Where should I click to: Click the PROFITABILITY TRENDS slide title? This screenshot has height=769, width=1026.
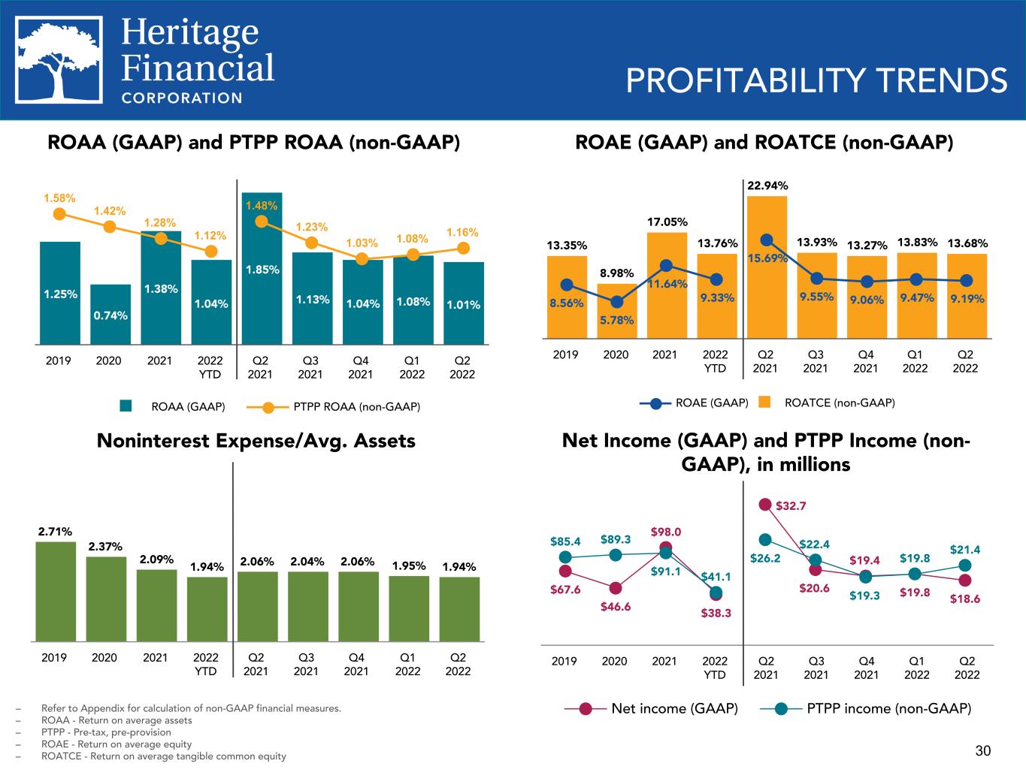coord(816,80)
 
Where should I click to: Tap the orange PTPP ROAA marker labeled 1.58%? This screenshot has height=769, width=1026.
coord(59,214)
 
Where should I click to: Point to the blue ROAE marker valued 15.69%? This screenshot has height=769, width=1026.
coord(767,240)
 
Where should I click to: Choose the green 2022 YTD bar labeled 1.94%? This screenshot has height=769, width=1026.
coord(207,609)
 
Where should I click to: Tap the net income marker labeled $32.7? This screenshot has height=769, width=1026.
coord(765,505)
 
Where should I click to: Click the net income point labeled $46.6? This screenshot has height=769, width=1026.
coord(616,588)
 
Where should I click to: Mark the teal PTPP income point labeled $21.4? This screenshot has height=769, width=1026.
coord(966,565)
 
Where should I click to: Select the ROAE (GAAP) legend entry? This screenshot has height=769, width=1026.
coord(695,403)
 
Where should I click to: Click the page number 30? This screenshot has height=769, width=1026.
coord(983,751)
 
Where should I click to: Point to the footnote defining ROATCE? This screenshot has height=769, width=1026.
coord(164,756)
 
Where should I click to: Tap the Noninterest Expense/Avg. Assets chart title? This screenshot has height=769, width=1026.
coord(256,441)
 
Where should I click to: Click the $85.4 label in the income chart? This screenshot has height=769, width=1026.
coord(565,541)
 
